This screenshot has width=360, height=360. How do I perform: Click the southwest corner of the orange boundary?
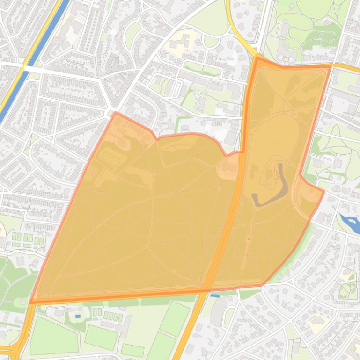[31, 302]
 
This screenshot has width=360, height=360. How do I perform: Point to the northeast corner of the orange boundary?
[331, 66]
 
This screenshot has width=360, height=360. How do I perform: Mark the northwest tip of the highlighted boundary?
[115, 113]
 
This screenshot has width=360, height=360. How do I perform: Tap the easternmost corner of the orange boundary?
[324, 191]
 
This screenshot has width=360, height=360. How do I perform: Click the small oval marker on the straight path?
[249, 239]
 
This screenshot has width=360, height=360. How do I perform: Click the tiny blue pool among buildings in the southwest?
[77, 317]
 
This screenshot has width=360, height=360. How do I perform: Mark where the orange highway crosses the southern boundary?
[206, 290]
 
